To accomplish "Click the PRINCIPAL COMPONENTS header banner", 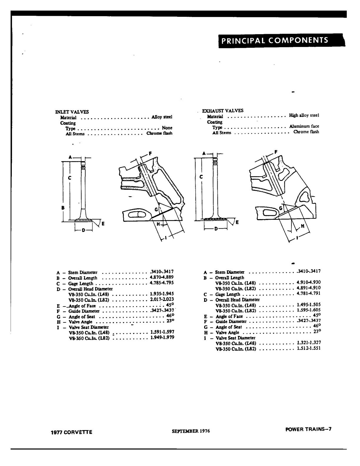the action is (281, 40).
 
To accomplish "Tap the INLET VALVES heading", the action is (72, 112).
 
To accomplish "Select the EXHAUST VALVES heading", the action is (223, 111).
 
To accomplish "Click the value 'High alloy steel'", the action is (304, 115).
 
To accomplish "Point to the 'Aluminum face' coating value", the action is (304, 126).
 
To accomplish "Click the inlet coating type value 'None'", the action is (167, 128).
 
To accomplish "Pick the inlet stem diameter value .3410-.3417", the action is (162, 272).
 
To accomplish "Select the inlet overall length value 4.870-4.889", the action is (161, 277).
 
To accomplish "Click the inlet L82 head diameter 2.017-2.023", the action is (162, 299).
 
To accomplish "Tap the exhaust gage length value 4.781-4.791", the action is (309, 293).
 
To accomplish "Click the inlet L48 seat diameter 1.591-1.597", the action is (162, 332).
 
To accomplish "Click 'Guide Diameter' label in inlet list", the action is (84, 311).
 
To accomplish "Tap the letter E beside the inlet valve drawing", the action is (103, 224).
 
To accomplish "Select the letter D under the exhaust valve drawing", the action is (216, 229).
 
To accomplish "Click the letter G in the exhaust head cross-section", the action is (281, 208).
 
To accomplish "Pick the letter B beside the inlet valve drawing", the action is (63, 208).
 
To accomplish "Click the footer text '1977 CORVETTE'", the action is (71, 432).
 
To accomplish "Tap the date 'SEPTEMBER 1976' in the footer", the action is (191, 431).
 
